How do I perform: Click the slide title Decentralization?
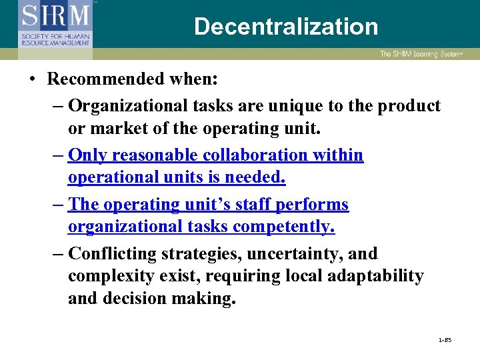tap(286, 27)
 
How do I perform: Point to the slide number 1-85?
tap(445, 340)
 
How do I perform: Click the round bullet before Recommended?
tap(33, 80)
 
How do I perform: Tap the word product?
tap(407, 106)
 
